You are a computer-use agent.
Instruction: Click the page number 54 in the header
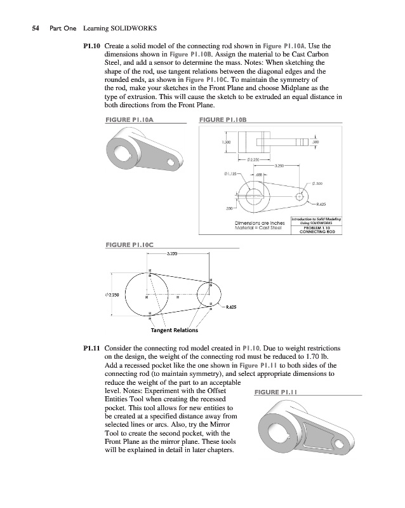coord(27,29)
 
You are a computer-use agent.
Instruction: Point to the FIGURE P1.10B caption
coord(222,119)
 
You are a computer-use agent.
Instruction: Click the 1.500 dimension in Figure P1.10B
coord(226,142)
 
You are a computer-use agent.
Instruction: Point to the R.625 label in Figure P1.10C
coord(231,307)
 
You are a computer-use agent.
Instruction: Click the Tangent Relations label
coord(174,330)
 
